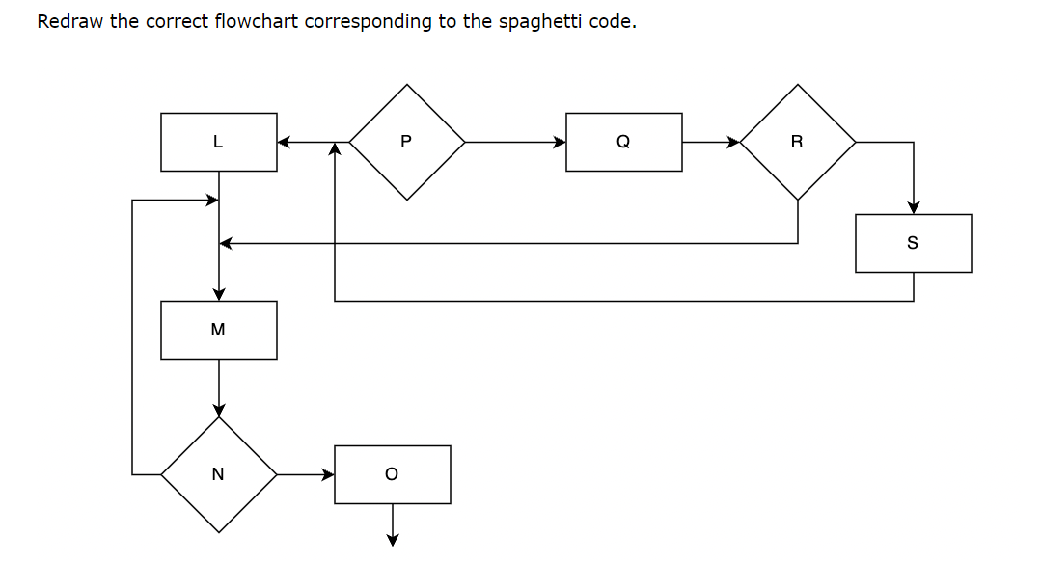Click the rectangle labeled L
pos(218,142)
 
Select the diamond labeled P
pos(406,142)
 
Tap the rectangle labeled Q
pos(623,142)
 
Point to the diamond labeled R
pos(797,142)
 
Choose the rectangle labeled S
pos(913,243)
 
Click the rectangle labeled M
pos(218,330)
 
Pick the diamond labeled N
pos(218,474)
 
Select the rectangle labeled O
pos(392,474)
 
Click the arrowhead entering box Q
pos(560,142)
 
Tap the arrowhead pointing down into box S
pos(914,207)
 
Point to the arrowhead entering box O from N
pos(328,474)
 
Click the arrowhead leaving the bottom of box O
pos(393,540)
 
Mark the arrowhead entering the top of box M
pos(219,294)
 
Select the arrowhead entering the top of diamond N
pos(219,410)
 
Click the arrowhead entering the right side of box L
pos(284,142)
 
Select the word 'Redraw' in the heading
pos(70,21)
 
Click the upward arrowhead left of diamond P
pos(335,148)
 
